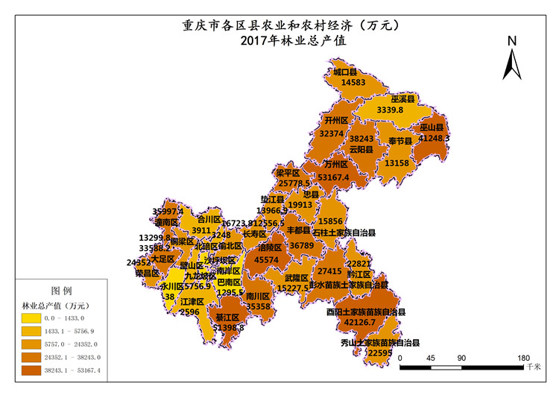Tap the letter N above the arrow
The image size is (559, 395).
(511, 42)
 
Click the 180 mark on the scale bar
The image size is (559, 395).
(522, 358)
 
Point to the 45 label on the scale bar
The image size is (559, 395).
(431, 358)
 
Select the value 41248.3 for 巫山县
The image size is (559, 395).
(434, 139)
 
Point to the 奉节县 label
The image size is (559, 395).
(400, 141)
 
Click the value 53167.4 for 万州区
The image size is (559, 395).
(333, 177)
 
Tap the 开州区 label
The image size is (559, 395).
(337, 120)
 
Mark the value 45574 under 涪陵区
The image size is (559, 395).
(267, 260)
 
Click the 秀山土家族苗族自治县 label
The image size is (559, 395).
(380, 343)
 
